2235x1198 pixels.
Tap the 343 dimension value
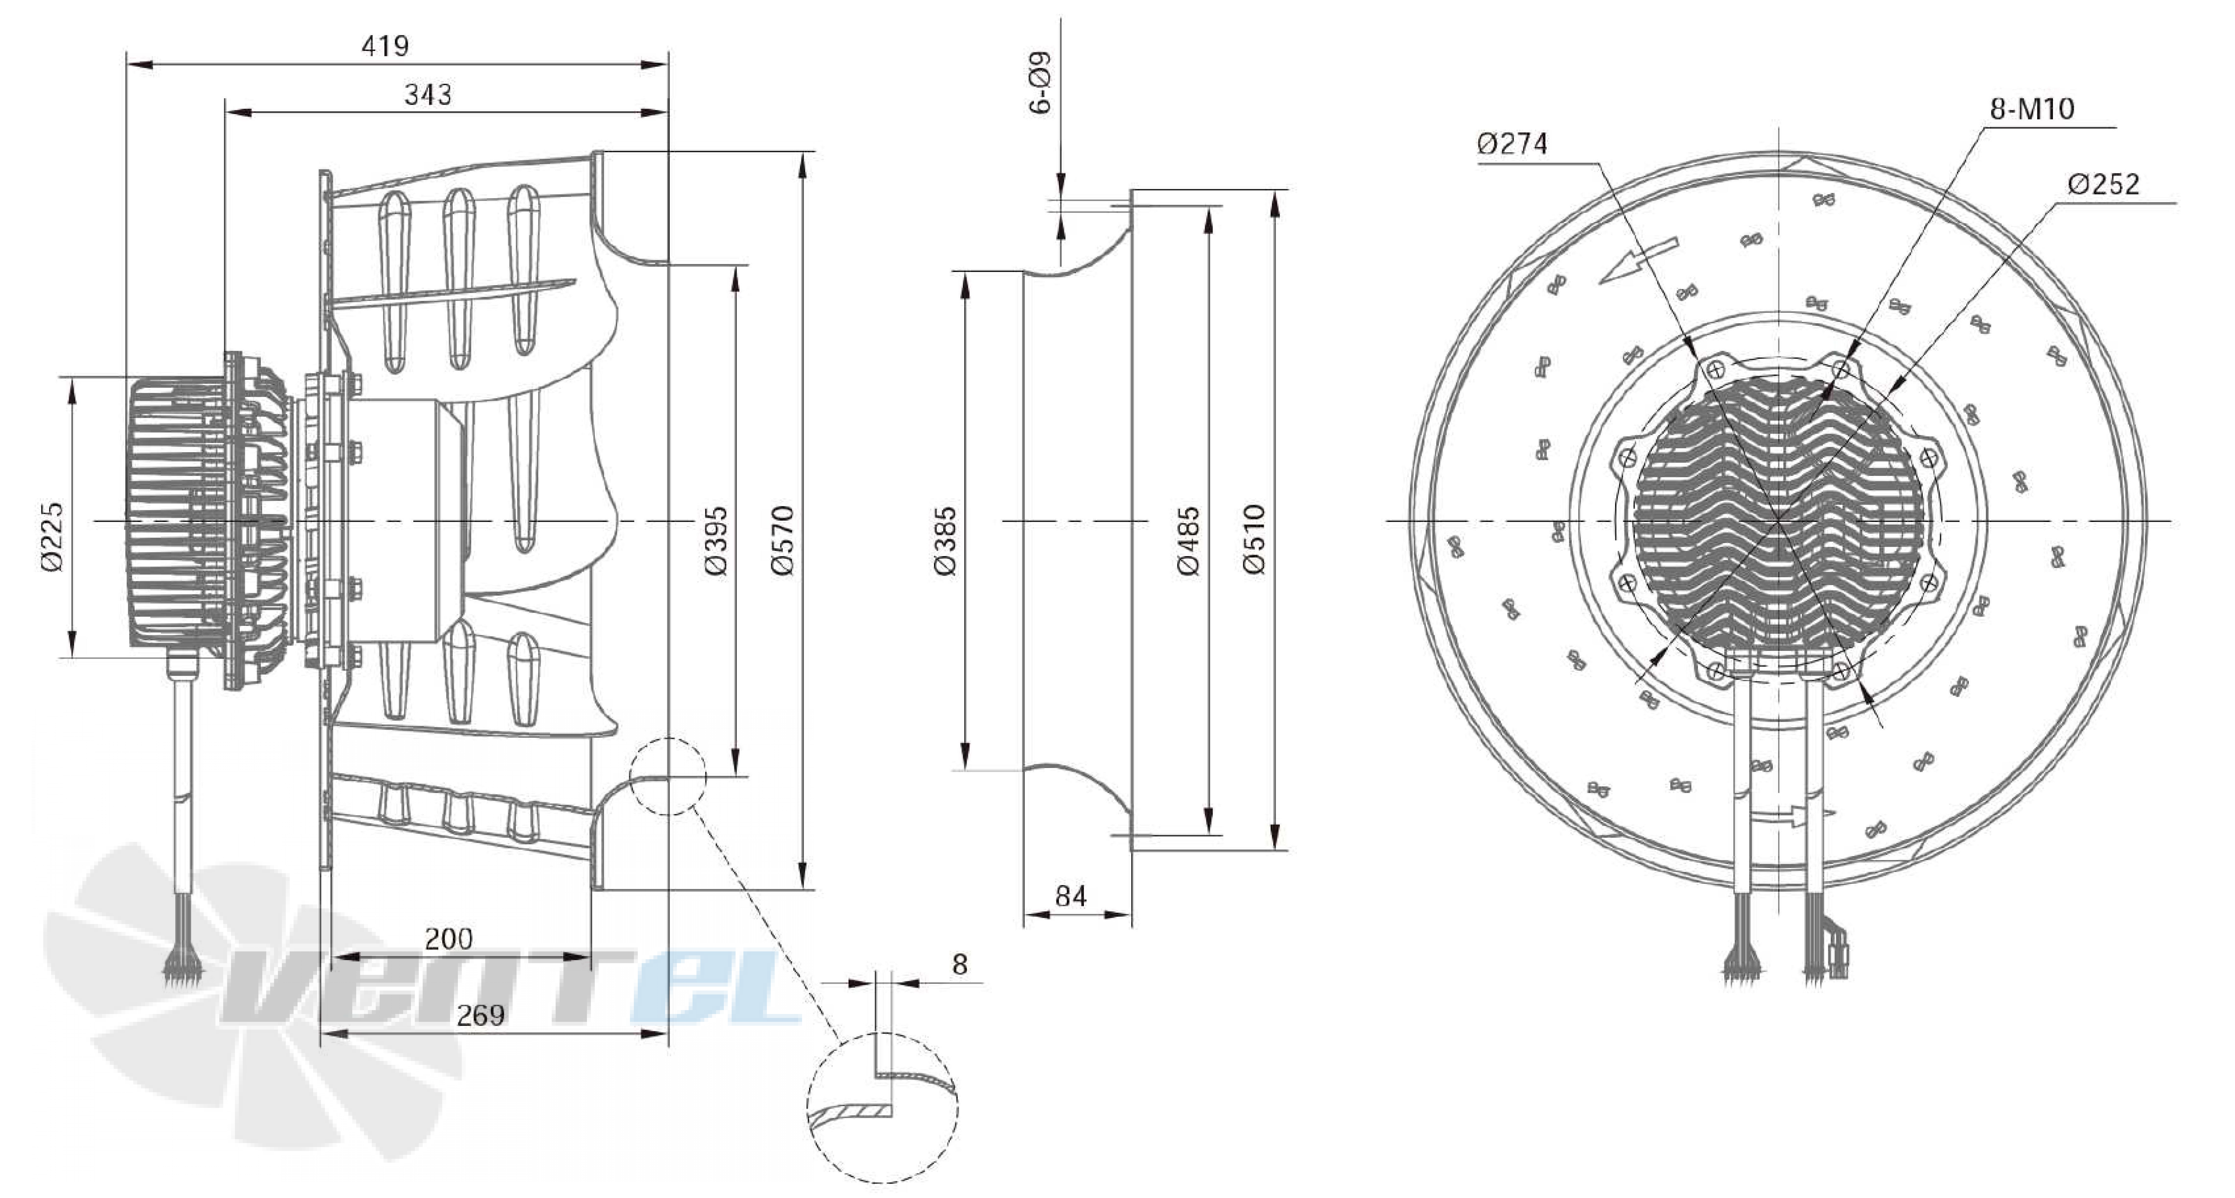click(x=428, y=95)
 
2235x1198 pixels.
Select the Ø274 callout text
click(x=1512, y=143)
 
